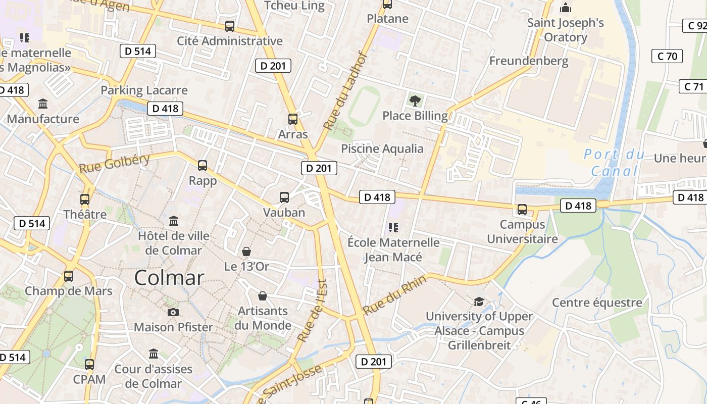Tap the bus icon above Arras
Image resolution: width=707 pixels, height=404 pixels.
292,119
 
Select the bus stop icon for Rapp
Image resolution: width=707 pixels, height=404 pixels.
203,165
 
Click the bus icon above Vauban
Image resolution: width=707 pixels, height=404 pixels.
284,197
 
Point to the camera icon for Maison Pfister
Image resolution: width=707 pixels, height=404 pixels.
173,313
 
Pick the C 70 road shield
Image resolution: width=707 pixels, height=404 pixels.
667,56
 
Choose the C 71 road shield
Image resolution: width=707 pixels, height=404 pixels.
693,86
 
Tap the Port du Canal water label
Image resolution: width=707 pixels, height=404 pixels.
614,163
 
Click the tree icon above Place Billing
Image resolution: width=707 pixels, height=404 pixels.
415,100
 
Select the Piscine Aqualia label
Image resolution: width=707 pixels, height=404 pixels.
382,148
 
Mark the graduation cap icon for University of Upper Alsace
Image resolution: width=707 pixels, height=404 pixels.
479,302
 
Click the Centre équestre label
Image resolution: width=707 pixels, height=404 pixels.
597,302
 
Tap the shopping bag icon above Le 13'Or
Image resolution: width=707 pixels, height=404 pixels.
246,251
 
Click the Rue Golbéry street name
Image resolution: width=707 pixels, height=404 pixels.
115,164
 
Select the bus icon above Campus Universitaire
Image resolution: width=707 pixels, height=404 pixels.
522,209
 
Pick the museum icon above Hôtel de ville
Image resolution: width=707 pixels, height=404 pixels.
174,221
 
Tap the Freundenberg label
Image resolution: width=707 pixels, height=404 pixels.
529,61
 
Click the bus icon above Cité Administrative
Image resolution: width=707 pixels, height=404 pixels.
230,26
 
